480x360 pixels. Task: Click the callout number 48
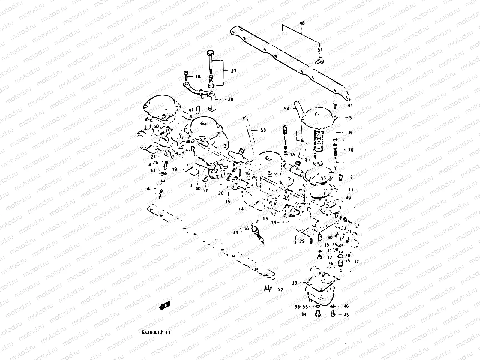(x=302, y=23)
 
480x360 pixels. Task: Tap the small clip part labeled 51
(x=319, y=61)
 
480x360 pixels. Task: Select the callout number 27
(x=234, y=71)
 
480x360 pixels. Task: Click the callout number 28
(x=230, y=99)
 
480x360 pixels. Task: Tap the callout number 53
(x=263, y=130)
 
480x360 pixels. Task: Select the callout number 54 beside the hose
(x=286, y=109)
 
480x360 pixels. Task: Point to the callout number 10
(x=351, y=150)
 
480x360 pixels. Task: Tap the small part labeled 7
(x=341, y=177)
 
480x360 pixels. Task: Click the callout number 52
(x=280, y=290)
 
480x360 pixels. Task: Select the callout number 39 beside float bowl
(x=295, y=283)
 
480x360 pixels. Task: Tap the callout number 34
(x=304, y=314)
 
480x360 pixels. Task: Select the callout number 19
(x=175, y=169)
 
